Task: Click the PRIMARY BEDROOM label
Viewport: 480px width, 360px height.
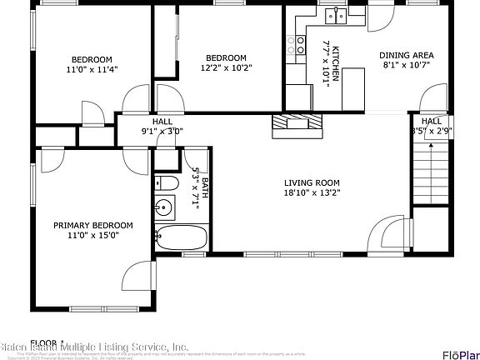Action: (x=93, y=225)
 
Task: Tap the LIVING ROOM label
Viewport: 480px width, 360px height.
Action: (x=312, y=183)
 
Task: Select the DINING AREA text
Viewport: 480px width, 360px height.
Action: (x=407, y=56)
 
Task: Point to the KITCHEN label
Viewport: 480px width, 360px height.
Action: (x=336, y=63)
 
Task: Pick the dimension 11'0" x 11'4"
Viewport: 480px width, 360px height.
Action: (x=92, y=70)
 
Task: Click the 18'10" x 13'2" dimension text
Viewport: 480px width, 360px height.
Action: (x=312, y=193)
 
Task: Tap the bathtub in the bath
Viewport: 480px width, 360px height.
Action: (x=180, y=238)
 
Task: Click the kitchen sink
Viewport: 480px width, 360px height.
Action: (x=337, y=15)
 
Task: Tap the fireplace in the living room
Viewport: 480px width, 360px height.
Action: (x=297, y=125)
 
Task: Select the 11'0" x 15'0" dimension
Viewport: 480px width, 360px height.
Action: (x=93, y=235)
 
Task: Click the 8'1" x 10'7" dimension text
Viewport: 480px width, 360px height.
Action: (x=407, y=65)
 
